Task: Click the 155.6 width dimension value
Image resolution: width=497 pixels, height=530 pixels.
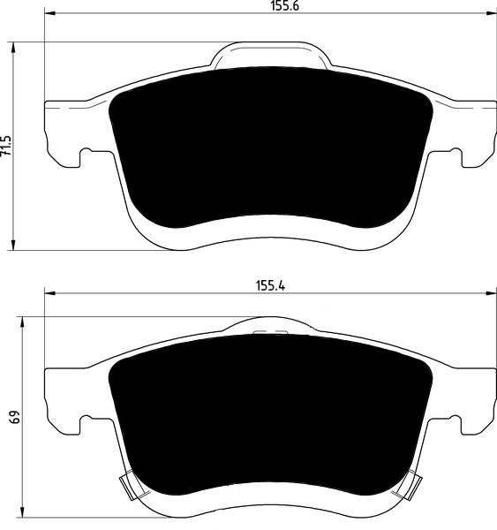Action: click(271, 6)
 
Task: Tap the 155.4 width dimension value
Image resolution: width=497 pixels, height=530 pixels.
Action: click(271, 284)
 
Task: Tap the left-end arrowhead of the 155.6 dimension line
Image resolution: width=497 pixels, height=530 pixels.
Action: click(49, 15)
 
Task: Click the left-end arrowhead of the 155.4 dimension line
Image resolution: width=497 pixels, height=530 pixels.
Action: click(49, 294)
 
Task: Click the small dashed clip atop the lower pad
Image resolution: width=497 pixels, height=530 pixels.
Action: click(272, 333)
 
